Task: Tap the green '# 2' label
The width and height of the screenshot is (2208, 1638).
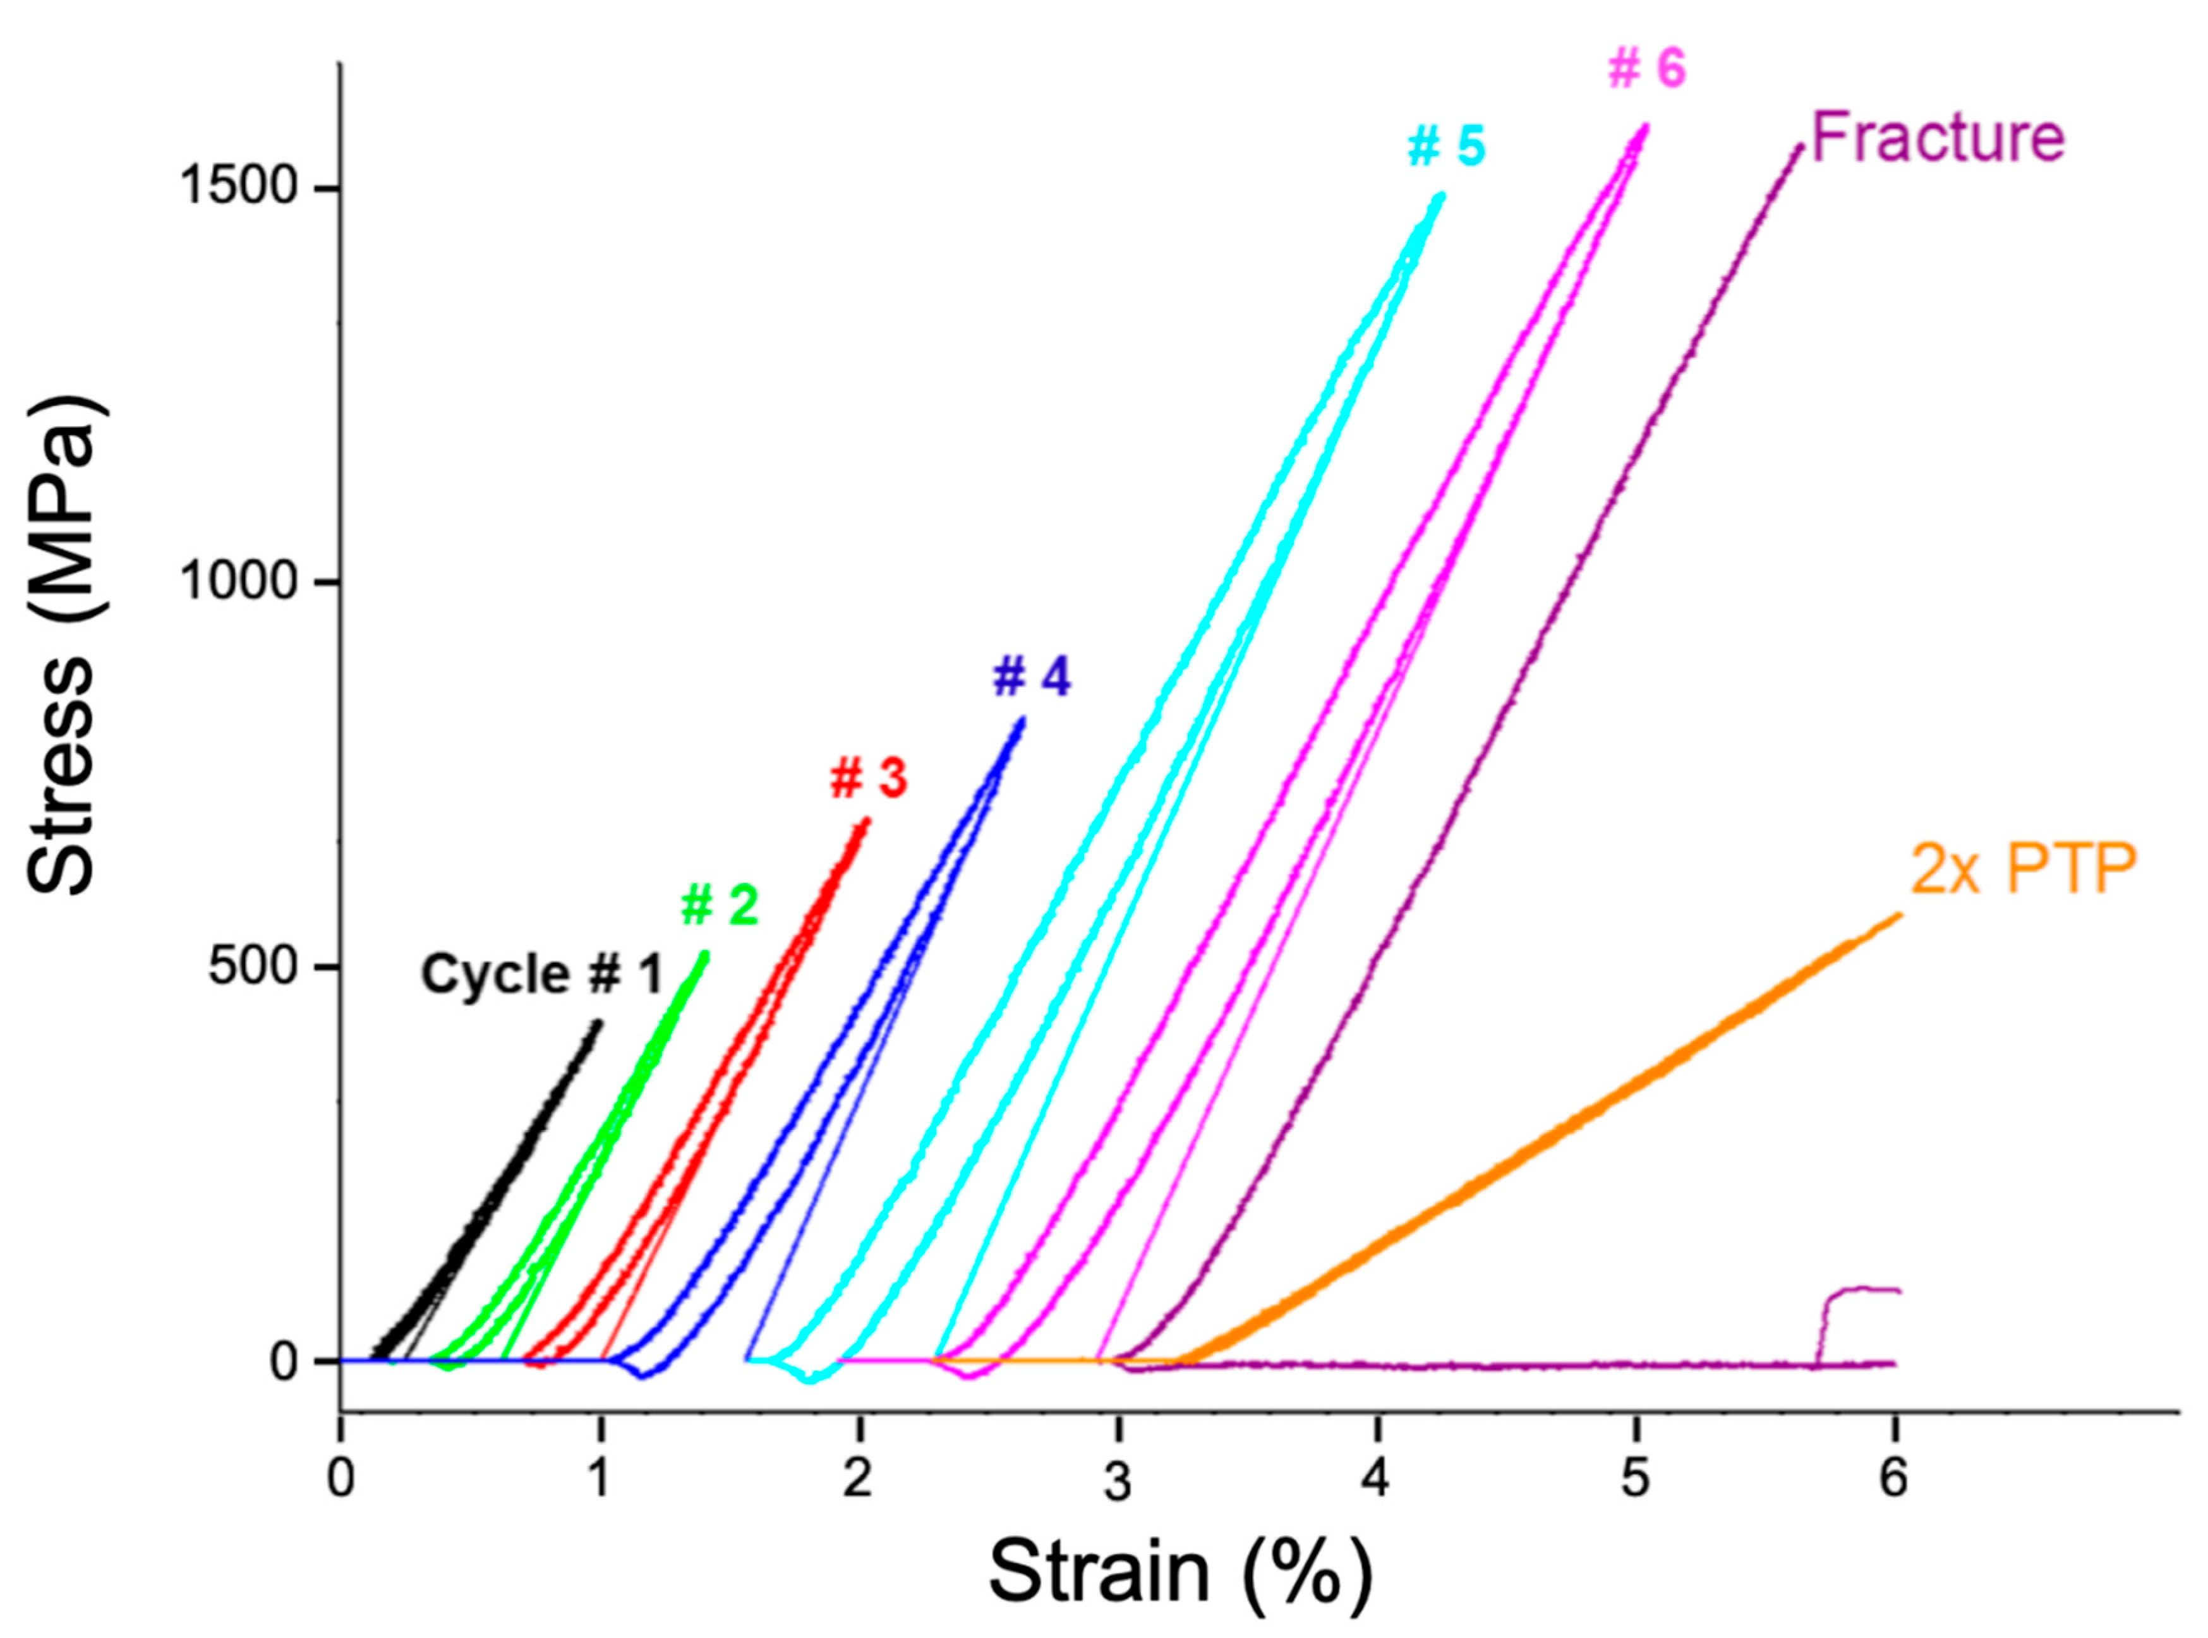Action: click(x=720, y=905)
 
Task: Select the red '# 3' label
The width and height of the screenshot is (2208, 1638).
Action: click(x=869, y=778)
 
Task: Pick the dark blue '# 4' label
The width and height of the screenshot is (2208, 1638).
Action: click(x=1032, y=678)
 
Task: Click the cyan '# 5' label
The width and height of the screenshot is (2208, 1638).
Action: click(x=1447, y=147)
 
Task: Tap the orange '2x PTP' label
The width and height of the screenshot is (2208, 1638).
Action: click(x=2023, y=870)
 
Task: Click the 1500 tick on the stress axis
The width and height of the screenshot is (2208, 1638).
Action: click(x=239, y=188)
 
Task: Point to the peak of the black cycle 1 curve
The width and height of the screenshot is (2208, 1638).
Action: click(x=598, y=1022)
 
